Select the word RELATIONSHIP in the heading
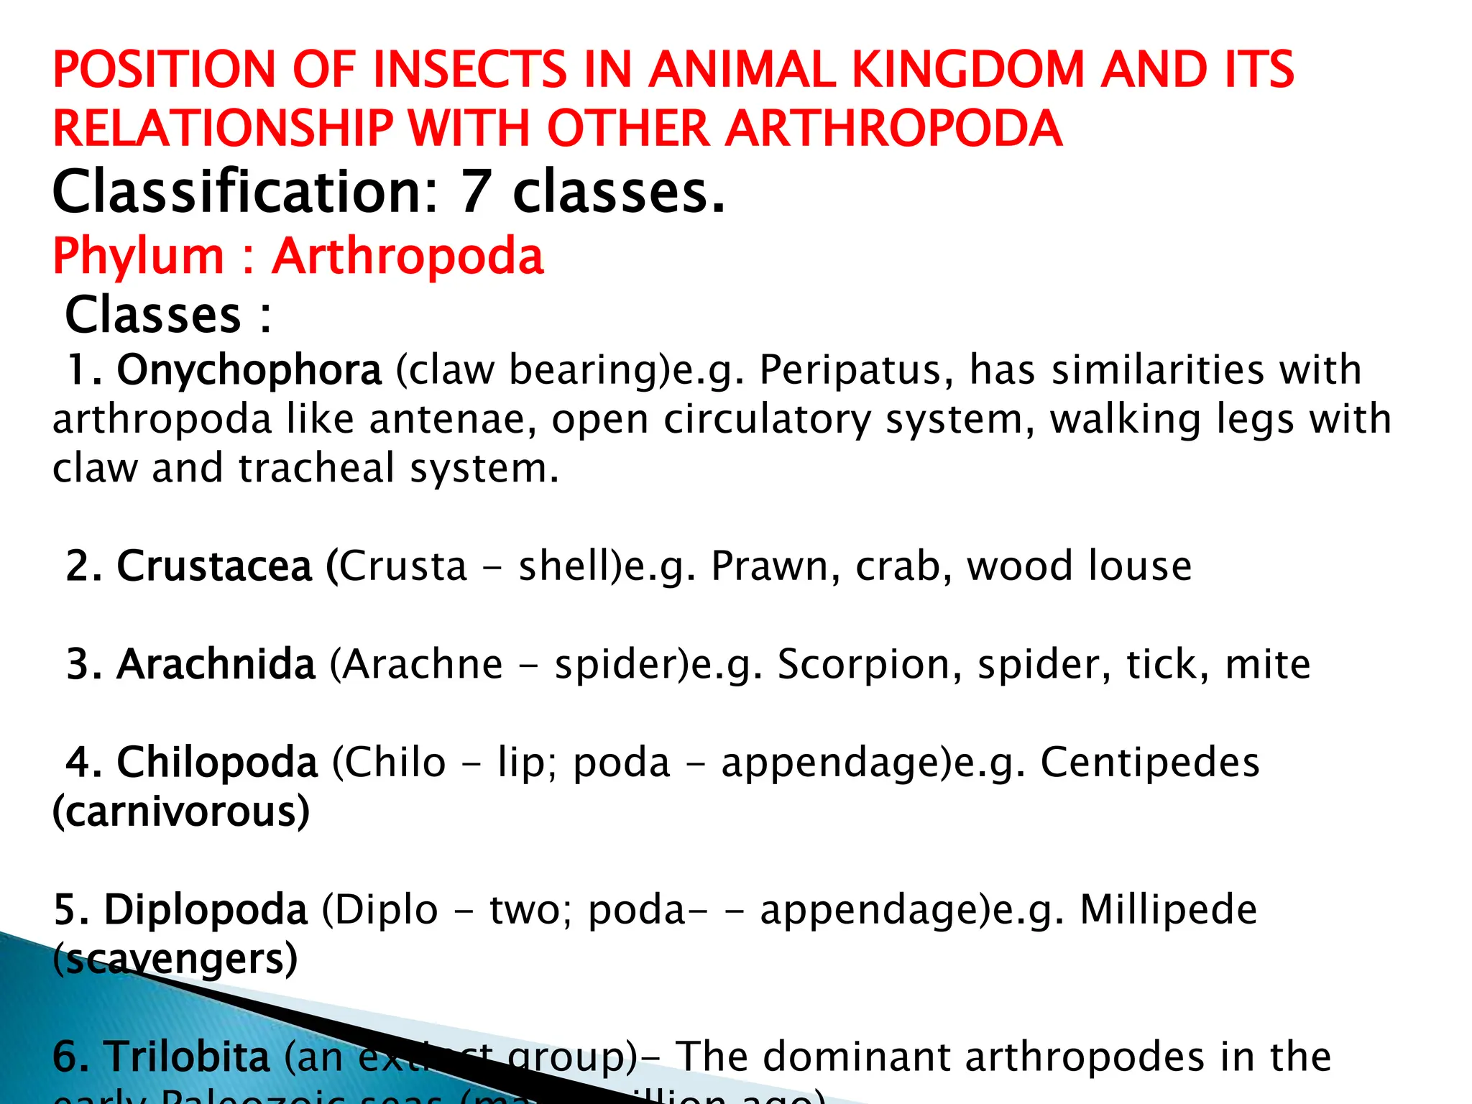click(223, 129)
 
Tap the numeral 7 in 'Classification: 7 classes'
click(475, 192)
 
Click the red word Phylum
click(139, 256)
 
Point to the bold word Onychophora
click(249, 370)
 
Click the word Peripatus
click(856, 370)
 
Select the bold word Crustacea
click(214, 566)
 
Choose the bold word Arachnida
click(216, 663)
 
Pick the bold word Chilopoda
click(216, 762)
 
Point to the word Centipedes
click(1149, 762)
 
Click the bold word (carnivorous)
click(181, 811)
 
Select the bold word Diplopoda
click(206, 909)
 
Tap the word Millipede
click(1168, 909)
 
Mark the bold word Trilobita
click(188, 1057)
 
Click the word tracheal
click(316, 468)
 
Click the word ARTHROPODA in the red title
click(893, 129)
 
